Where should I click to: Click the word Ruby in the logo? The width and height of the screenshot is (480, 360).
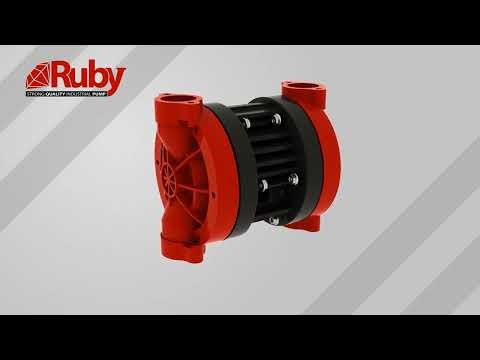coord(91,75)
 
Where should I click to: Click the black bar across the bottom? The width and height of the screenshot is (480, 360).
coord(240,337)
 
